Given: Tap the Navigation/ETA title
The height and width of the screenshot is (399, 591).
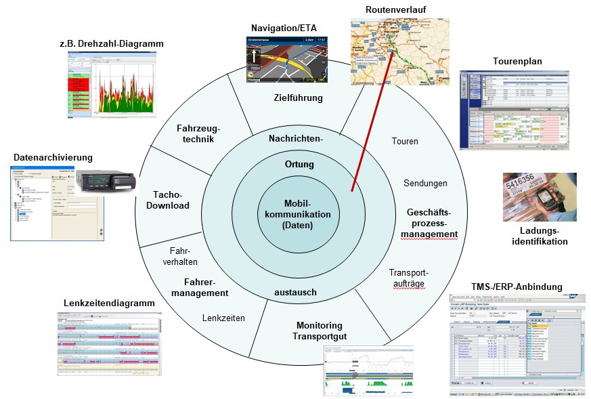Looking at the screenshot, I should pyautogui.click(x=284, y=28).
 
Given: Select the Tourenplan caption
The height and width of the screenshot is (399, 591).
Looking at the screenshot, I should pyautogui.click(x=517, y=62).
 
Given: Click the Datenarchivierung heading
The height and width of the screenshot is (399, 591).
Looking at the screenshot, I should pyautogui.click(x=53, y=157).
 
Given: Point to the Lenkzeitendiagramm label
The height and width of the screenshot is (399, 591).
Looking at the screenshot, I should pyautogui.click(x=110, y=303).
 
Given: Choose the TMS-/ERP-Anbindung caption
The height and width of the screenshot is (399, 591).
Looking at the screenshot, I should pyautogui.click(x=517, y=287).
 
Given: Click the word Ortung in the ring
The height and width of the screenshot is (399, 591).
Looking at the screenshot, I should pyautogui.click(x=299, y=165).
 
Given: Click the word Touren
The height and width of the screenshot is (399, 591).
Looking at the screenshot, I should pyautogui.click(x=405, y=142).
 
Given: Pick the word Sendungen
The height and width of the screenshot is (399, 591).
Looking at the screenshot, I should pyautogui.click(x=425, y=184).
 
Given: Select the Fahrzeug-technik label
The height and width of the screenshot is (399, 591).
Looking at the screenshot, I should pyautogui.click(x=195, y=133).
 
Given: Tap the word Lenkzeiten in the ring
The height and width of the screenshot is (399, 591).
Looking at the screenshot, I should pyautogui.click(x=223, y=318).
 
